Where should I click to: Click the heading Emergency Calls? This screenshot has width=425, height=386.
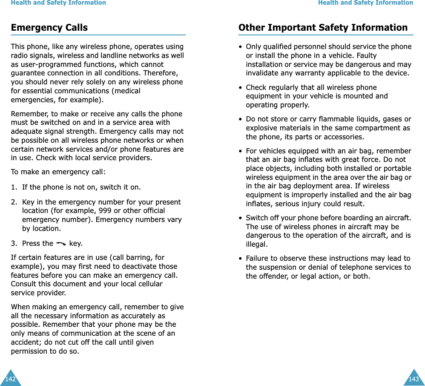click(x=49, y=28)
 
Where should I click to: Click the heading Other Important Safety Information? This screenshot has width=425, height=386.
click(x=323, y=28)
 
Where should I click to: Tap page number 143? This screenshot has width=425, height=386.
click(x=414, y=379)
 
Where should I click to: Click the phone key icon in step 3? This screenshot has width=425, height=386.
click(x=61, y=243)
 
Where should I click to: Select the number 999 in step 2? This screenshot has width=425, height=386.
click(x=105, y=210)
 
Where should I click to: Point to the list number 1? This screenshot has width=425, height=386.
click(x=14, y=187)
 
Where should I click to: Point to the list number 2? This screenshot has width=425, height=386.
click(x=14, y=202)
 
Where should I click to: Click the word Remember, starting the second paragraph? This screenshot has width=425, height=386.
click(x=26, y=114)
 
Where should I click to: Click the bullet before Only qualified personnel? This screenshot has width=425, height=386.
click(x=241, y=47)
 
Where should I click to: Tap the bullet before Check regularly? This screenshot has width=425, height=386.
click(x=241, y=87)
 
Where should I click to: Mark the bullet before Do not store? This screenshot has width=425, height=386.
click(x=241, y=119)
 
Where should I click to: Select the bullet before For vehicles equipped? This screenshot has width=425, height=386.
click(x=241, y=151)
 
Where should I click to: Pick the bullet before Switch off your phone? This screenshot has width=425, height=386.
click(x=241, y=218)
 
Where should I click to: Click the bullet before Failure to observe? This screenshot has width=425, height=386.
click(x=241, y=259)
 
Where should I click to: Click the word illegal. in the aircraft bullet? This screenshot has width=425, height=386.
click(x=257, y=244)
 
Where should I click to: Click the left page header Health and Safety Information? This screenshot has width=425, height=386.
click(x=58, y=3)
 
